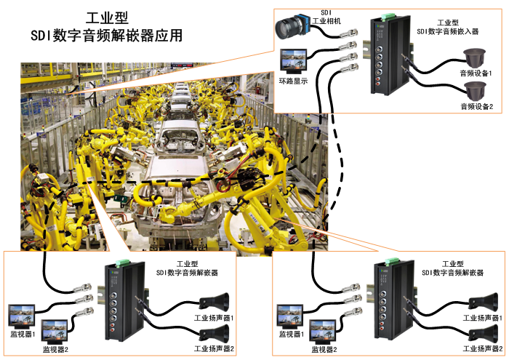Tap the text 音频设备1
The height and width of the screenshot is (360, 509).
click(476, 73)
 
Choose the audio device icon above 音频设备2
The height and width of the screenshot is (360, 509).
click(476, 91)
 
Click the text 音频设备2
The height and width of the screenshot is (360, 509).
click(476, 107)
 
